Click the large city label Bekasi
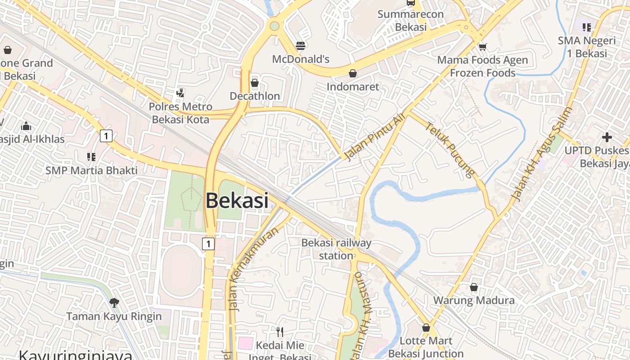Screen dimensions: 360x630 click(x=237, y=201)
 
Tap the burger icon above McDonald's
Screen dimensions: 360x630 click(x=301, y=45)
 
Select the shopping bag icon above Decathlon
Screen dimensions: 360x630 click(x=255, y=83)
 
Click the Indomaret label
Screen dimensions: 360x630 click(x=353, y=86)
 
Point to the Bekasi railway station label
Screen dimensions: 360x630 click(x=336, y=249)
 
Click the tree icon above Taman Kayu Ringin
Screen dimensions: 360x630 click(x=114, y=302)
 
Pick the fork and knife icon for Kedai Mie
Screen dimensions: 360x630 click(x=280, y=332)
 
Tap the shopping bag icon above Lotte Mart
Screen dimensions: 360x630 click(x=426, y=328)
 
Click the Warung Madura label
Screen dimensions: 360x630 click(x=474, y=300)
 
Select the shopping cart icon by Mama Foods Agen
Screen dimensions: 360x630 click(x=483, y=46)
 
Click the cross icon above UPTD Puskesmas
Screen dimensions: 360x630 click(x=607, y=137)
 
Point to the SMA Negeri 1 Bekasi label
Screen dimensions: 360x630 click(x=587, y=47)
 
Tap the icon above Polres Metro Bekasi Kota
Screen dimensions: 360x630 click(x=180, y=93)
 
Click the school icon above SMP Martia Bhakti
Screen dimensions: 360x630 click(x=91, y=157)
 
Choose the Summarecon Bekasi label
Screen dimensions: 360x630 click(x=410, y=20)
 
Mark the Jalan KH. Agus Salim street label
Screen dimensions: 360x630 click(x=541, y=154)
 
